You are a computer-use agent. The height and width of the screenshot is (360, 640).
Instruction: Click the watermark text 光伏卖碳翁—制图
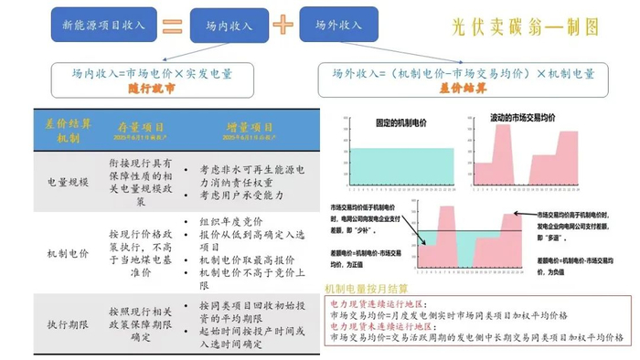pyautogui.click(x=525, y=27)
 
